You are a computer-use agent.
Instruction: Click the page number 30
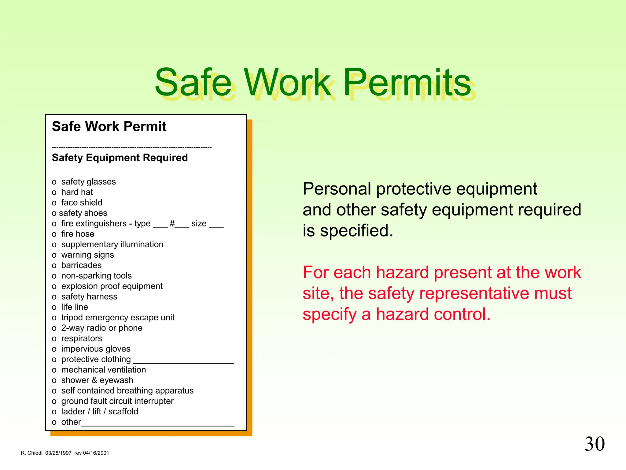(595, 444)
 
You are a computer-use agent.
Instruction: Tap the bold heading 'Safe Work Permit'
(109, 127)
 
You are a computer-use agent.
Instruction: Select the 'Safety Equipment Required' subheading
(120, 158)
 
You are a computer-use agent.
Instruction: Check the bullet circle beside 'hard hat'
(54, 193)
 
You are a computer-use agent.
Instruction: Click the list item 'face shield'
(82, 203)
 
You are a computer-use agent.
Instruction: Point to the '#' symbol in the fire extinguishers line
(172, 223)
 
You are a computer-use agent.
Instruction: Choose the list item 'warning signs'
(87, 255)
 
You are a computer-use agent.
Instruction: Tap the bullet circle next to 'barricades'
(54, 266)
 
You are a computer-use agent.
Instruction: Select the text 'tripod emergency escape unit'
(118, 318)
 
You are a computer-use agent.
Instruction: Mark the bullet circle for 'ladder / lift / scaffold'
(54, 412)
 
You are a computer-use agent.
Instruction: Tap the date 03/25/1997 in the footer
(58, 453)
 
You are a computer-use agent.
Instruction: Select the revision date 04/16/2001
(96, 453)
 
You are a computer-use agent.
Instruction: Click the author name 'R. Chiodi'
(31, 453)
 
